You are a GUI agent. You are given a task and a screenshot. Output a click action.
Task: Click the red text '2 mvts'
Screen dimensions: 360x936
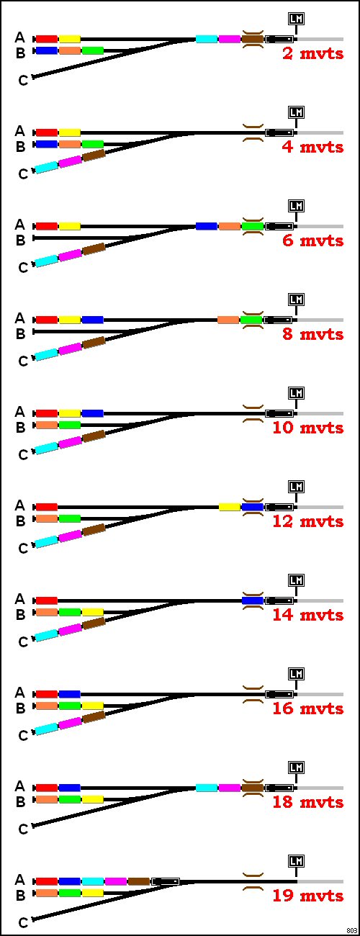point(312,54)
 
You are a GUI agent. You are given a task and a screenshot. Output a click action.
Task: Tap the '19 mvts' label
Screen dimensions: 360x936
point(307,896)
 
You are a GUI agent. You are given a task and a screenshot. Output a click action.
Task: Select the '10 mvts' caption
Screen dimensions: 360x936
point(307,428)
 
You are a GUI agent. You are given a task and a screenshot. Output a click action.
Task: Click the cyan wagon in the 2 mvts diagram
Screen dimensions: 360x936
point(207,40)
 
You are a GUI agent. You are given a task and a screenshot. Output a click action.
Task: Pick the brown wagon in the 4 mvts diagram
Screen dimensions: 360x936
point(94,156)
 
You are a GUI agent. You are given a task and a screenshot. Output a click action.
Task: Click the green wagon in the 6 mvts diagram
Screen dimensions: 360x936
point(253,227)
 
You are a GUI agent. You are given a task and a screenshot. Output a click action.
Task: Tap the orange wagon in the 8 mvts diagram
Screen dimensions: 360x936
point(228,320)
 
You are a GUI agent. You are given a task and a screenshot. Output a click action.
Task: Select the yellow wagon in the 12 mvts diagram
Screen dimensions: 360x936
point(230,508)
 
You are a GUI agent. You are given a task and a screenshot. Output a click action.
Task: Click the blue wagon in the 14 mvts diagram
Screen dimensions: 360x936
point(253,601)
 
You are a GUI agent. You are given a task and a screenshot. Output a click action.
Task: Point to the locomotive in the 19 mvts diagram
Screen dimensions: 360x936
point(166,882)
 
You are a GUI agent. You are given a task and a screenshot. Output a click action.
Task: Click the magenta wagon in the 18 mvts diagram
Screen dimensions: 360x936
point(230,788)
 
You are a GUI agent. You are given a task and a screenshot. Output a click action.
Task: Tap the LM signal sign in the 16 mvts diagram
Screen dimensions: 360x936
point(296,674)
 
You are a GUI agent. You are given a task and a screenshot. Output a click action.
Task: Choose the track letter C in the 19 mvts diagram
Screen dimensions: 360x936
point(23,922)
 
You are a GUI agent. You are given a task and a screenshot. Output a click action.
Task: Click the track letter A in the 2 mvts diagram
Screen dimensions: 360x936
point(20,37)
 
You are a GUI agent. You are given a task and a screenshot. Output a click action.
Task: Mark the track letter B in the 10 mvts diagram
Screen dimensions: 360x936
point(20,428)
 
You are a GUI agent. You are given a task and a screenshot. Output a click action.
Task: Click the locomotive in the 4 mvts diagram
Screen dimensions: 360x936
point(279,133)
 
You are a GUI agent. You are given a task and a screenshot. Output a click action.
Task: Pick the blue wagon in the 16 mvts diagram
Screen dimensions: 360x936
point(69,695)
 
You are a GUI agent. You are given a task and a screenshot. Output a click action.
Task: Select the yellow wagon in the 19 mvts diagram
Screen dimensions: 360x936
point(93,894)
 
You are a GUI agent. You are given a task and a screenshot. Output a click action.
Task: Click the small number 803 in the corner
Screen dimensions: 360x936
point(351,930)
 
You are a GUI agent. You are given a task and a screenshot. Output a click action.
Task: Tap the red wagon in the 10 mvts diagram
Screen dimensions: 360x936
point(46,414)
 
